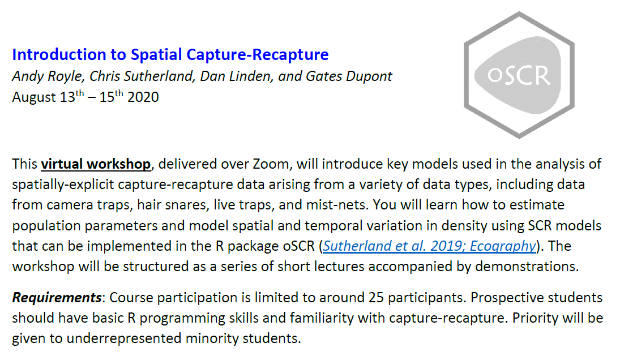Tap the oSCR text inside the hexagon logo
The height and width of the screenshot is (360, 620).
(519, 74)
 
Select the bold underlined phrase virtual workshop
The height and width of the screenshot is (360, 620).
(96, 165)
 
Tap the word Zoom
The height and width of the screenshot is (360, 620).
(250, 165)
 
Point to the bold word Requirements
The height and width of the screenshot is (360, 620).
(48, 298)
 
